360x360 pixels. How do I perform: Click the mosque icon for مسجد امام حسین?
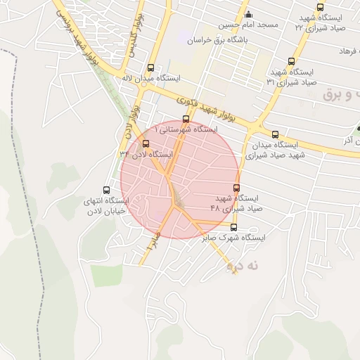(246, 14)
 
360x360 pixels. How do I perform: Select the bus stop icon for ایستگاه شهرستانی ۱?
(186, 119)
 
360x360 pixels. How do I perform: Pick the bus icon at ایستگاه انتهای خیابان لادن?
(107, 189)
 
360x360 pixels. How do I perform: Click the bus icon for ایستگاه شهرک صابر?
(234, 227)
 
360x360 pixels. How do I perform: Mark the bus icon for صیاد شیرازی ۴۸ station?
(236, 188)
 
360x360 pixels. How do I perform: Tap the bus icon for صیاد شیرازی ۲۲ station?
(320, 6)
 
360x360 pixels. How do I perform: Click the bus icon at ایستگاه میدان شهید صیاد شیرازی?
(275, 134)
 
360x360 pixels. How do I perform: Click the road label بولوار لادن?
(130, 120)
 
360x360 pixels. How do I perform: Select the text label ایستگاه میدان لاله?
(152, 78)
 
